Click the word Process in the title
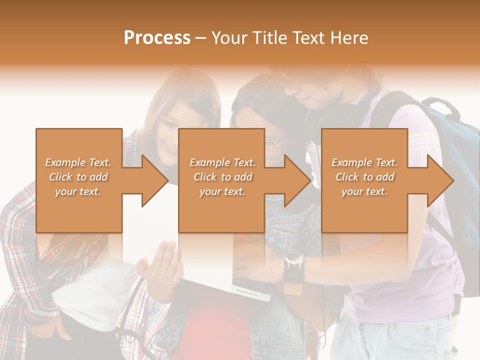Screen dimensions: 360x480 pos(157,37)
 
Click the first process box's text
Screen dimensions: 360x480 pos(78,177)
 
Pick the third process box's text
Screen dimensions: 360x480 pos(364,177)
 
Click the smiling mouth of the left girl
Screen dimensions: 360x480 pos(170,148)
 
